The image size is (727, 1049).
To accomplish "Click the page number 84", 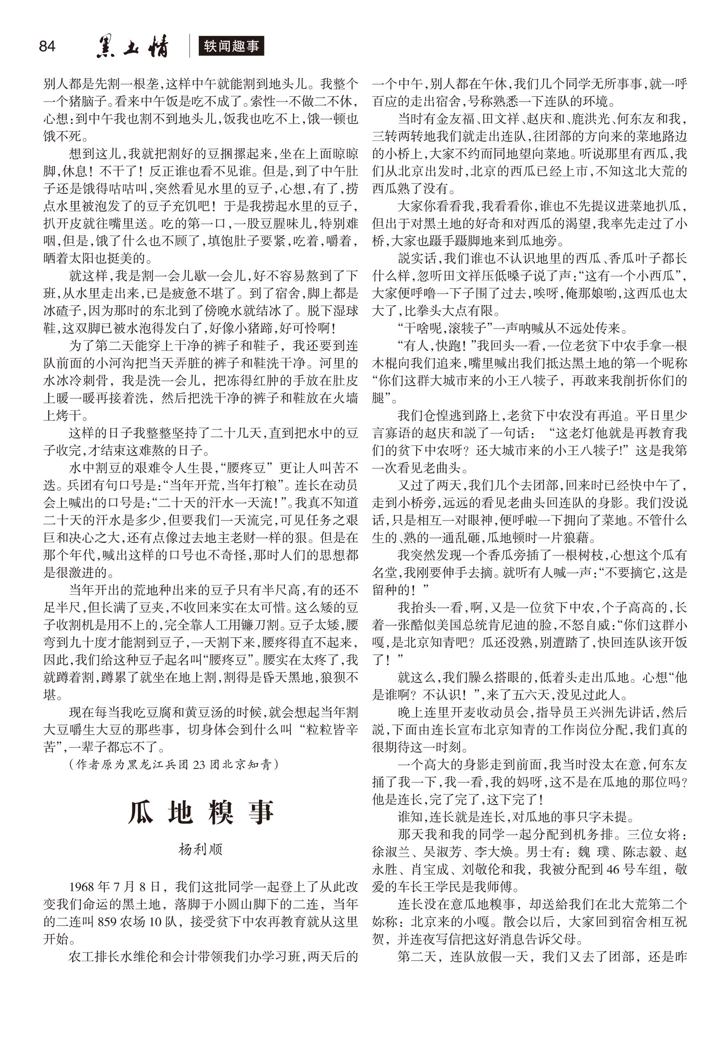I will (47, 47).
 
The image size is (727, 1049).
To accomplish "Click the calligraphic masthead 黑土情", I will (132, 47).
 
